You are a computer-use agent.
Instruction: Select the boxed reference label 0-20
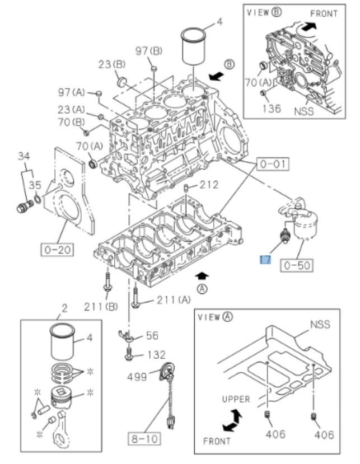pyautogui.click(x=58, y=248)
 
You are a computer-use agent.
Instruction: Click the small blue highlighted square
pyautogui.click(x=265, y=259)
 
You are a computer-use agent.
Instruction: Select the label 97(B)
pyautogui.click(x=148, y=51)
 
